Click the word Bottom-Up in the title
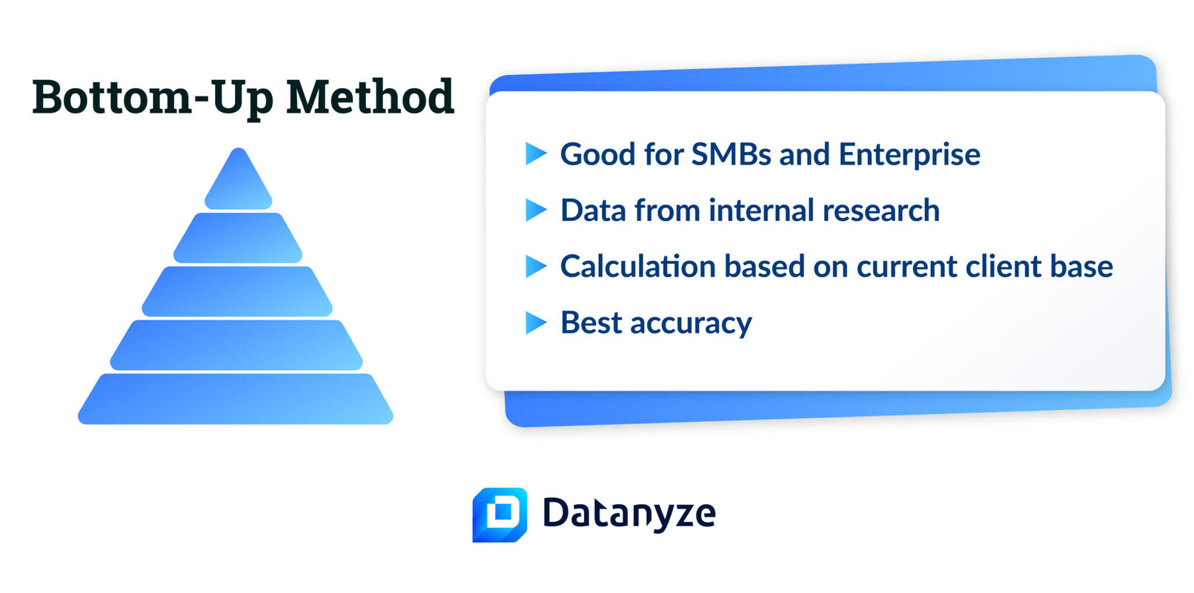[153, 98]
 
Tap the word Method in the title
[371, 96]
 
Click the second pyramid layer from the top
[238, 238]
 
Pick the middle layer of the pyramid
[237, 291]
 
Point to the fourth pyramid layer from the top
[236, 345]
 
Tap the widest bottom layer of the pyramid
[236, 399]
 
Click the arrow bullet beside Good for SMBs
[536, 153]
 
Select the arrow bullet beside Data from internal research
[536, 210]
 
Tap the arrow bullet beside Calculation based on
[536, 266]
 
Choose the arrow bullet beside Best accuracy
[536, 322]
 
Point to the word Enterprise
[909, 155]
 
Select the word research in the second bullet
[881, 210]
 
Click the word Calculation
[637, 266]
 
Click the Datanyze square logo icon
[500, 514]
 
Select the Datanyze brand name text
[629, 513]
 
